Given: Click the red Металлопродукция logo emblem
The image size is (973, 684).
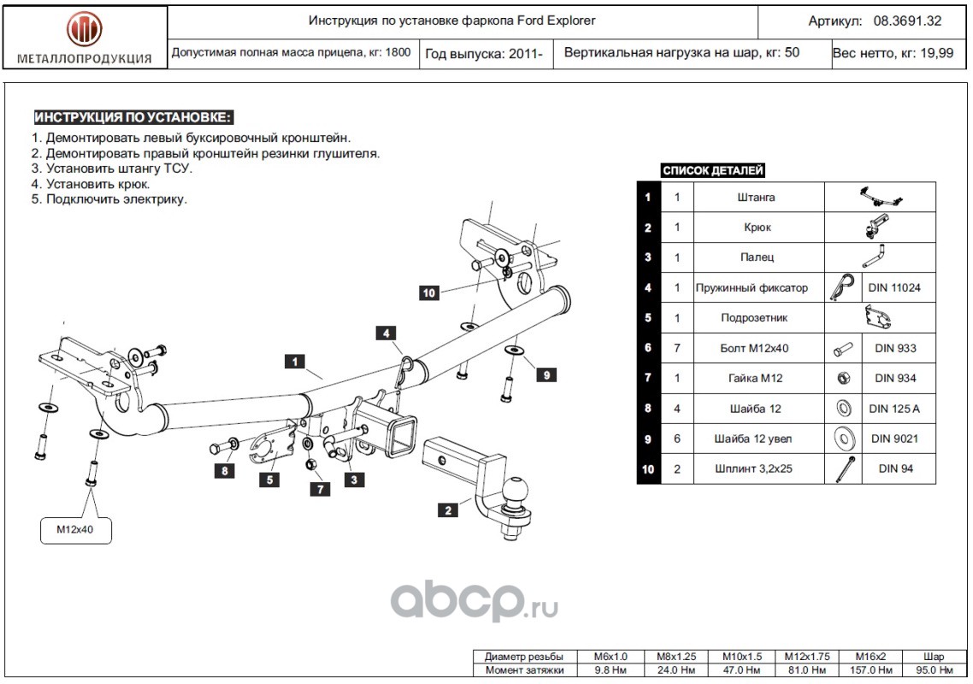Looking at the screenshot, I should pyautogui.click(x=84, y=29).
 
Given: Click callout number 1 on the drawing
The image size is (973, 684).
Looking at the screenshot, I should pyautogui.click(x=295, y=362).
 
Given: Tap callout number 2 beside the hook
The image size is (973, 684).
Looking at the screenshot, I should pyautogui.click(x=447, y=510).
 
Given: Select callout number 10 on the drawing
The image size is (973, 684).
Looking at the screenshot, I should pyautogui.click(x=429, y=292).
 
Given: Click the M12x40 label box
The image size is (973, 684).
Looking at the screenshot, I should pyautogui.click(x=77, y=530).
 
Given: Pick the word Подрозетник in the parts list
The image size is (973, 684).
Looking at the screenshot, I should pyautogui.click(x=755, y=318).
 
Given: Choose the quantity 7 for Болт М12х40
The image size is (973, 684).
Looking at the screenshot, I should pyautogui.click(x=676, y=348).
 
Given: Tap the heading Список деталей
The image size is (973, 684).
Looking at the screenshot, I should pyautogui.click(x=713, y=171).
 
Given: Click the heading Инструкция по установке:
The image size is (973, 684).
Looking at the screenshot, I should pyautogui.click(x=133, y=118).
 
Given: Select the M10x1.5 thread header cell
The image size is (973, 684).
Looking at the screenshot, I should pyautogui.click(x=740, y=657).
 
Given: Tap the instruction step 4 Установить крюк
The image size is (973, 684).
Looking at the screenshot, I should pyautogui.click(x=91, y=184).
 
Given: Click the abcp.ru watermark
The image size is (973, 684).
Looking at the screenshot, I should pyautogui.click(x=475, y=603).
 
